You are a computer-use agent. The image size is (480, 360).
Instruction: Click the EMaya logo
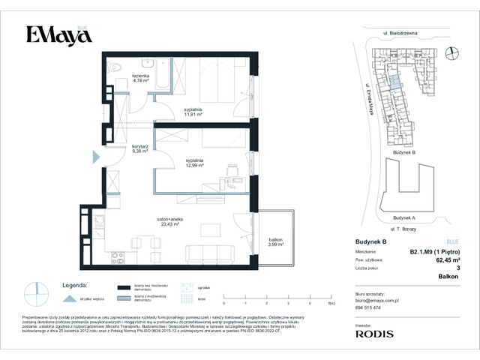(x=54, y=34)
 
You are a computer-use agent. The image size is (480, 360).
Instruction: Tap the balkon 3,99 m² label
(x=276, y=242)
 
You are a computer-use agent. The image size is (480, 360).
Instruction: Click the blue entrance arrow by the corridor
(x=95, y=157)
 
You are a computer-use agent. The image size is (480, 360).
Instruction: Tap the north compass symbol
(x=451, y=52)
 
